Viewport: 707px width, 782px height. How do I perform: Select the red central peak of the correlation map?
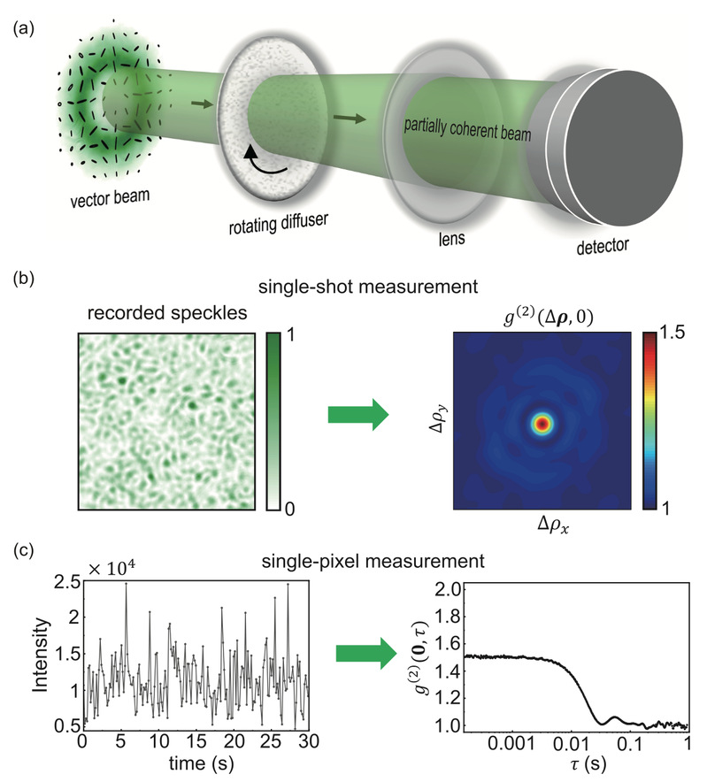[541, 423]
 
